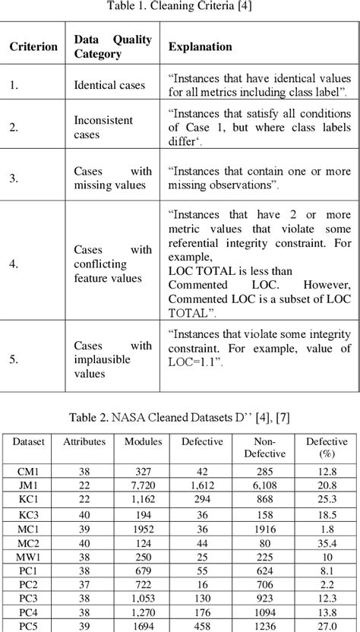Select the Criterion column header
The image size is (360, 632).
[x=33, y=47]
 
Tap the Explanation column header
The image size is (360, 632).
[x=200, y=47]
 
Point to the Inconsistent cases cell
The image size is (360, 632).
[x=103, y=127]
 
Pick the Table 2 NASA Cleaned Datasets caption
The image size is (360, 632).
[x=180, y=417]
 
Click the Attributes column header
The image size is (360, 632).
[x=84, y=441]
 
